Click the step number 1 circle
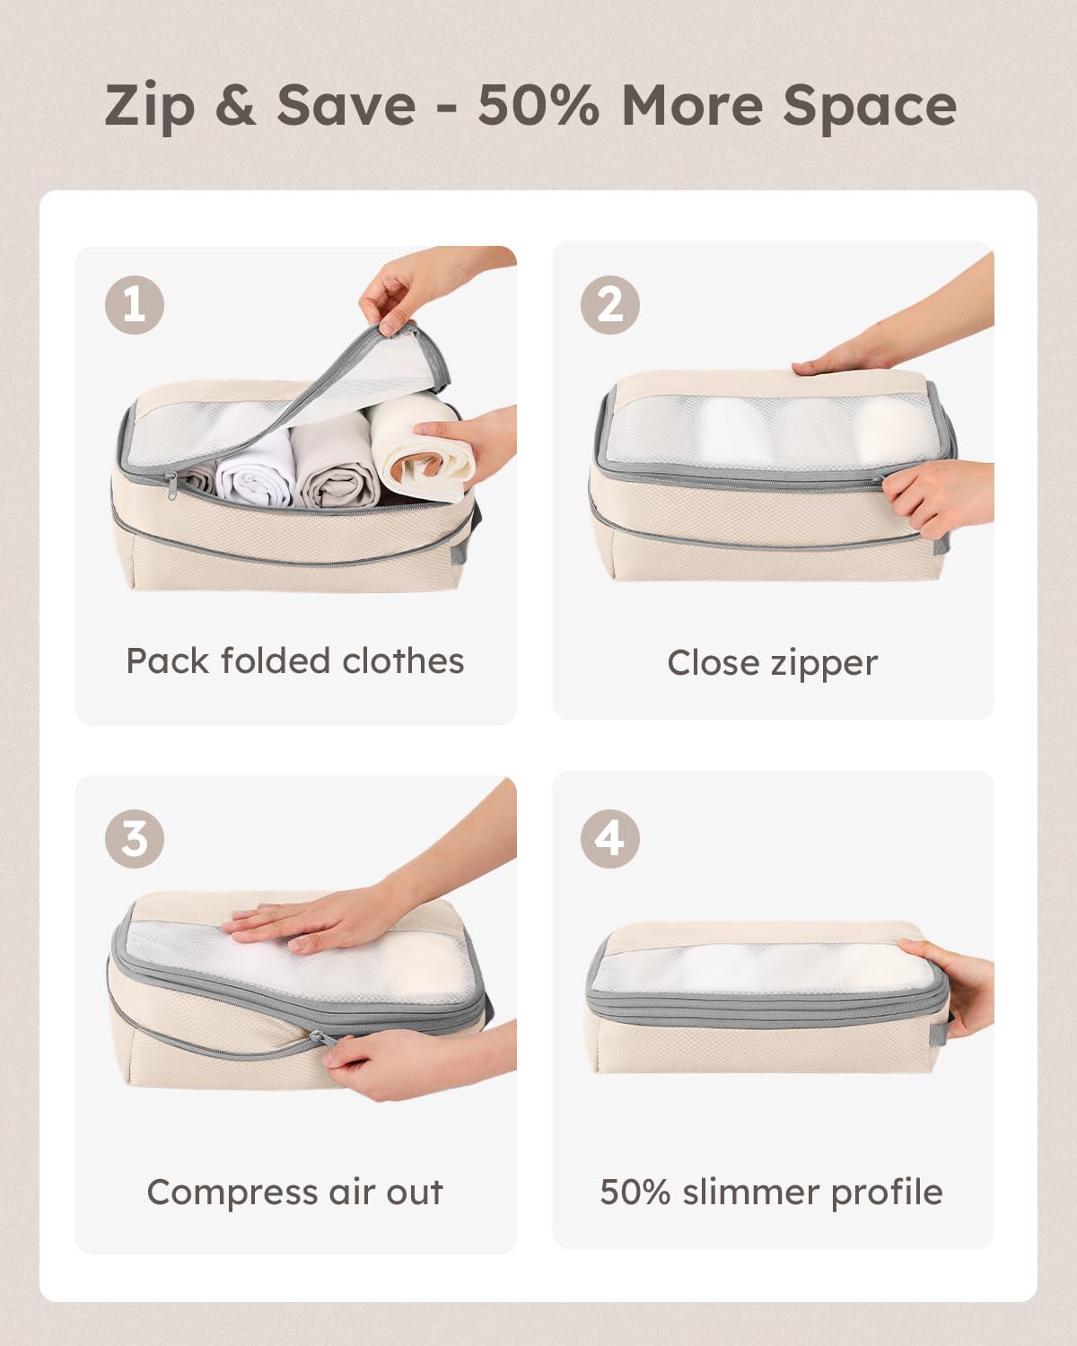click(135, 305)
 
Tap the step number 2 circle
click(610, 305)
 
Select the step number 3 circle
click(135, 839)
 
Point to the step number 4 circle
click(610, 839)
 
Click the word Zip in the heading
click(149, 106)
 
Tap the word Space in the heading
click(869, 106)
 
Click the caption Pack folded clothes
click(295, 661)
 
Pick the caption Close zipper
click(772, 663)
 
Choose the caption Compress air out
click(295, 1193)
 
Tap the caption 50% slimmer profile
click(772, 1193)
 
